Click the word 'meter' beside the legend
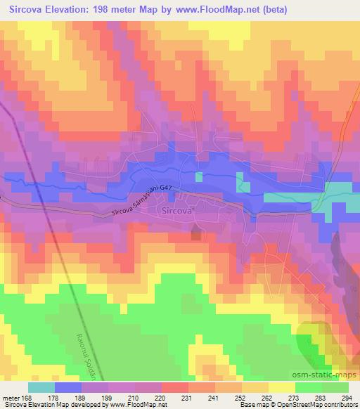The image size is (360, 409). click(11, 398)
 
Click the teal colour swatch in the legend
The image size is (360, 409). click(41, 387)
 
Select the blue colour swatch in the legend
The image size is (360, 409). click(68, 387)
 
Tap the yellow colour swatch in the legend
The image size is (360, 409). click(282, 387)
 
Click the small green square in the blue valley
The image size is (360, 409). click(199, 176)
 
